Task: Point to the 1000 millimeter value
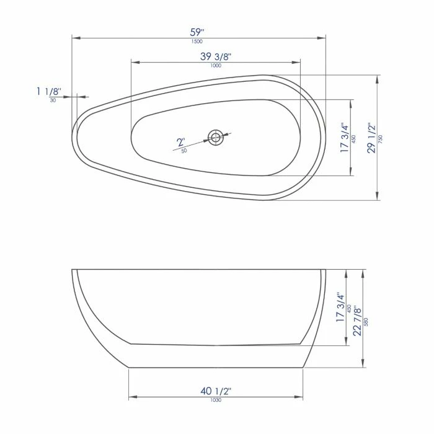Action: coord(216,66)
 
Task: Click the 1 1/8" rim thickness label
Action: coord(48,91)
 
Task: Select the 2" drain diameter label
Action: coord(181,142)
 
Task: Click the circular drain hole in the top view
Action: coord(216,137)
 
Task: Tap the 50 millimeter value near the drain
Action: coord(184,151)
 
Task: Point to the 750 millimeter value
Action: coord(381,139)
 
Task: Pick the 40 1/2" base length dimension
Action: coord(216,391)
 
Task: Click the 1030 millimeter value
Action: coord(216,400)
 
